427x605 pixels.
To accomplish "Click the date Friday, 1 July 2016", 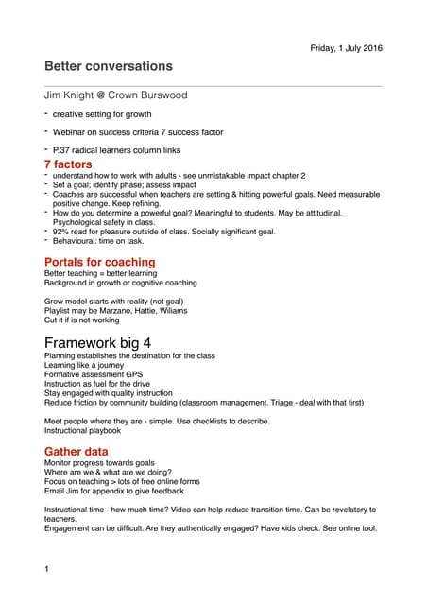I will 346,48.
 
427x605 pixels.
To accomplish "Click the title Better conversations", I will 109,66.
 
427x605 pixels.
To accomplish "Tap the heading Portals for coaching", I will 100,262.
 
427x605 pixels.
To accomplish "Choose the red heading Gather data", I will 77,452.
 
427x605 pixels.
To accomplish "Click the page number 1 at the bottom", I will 47,569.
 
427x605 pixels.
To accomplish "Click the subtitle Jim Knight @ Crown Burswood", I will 116,95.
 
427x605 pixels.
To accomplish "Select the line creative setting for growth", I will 101,114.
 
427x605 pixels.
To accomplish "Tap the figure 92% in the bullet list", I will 62,231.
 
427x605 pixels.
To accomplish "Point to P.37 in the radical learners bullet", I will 64,150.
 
